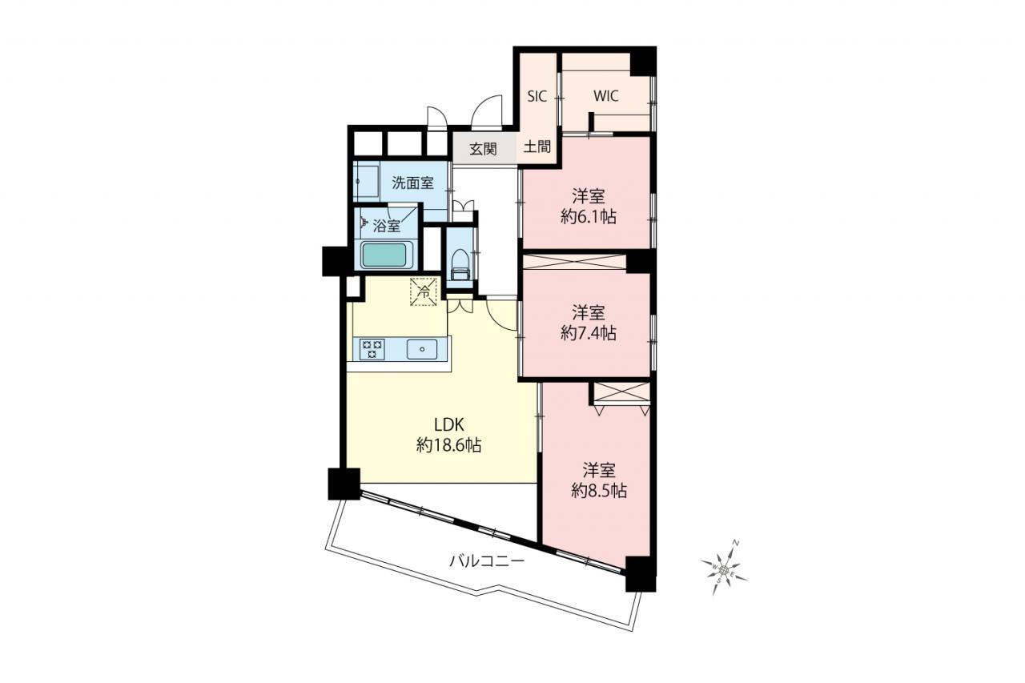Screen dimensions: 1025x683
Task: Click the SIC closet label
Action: [537, 97]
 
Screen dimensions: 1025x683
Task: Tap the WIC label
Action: [606, 96]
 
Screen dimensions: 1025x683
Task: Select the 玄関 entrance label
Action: [483, 149]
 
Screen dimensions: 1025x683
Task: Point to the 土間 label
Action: [537, 147]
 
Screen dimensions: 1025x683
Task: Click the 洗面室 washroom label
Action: [412, 183]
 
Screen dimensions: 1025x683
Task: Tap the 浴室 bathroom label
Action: [387, 226]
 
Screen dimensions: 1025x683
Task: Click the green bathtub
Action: [387, 255]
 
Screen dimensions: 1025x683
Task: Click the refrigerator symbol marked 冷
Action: [424, 291]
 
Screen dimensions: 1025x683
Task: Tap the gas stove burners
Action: [372, 349]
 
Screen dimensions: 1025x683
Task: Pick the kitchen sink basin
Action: [422, 349]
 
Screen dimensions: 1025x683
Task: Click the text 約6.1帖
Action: [589, 217]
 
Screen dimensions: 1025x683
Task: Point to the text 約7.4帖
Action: [589, 333]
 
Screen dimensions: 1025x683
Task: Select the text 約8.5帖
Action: [600, 491]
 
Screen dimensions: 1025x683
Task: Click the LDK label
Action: [449, 425]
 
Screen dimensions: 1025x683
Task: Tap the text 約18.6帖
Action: [449, 444]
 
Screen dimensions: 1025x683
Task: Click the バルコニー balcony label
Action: [486, 560]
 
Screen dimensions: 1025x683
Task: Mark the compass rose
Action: [723, 569]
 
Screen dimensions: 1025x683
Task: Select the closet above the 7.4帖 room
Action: [574, 262]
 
